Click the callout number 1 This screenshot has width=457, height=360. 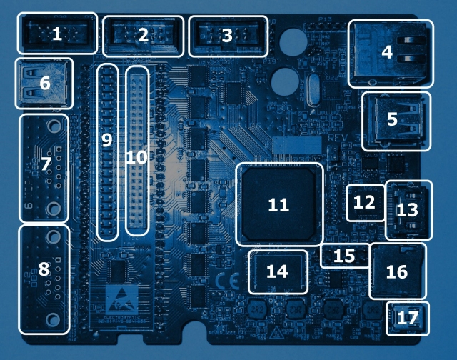(56, 34)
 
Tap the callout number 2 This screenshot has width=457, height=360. (143, 34)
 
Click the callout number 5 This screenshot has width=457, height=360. (392, 119)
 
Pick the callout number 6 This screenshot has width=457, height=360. (44, 83)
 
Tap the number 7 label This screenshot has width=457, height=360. (45, 164)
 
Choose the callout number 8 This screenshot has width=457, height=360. (44, 269)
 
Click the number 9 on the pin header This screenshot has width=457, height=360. (107, 141)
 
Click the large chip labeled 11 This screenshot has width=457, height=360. (278, 205)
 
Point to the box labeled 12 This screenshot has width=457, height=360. (364, 202)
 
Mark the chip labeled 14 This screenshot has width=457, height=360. (277, 271)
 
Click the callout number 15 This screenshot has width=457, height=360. (344, 256)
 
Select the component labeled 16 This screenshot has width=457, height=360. (396, 272)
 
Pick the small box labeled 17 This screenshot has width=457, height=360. (408, 319)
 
